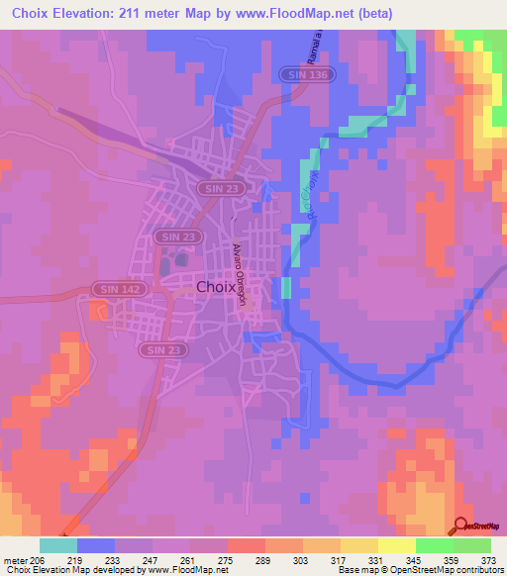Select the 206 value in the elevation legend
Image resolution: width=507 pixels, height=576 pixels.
click(39, 560)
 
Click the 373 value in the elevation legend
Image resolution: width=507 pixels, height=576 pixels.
click(487, 560)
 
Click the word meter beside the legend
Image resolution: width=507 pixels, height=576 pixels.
click(14, 560)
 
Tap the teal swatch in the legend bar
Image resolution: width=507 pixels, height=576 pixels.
click(58, 545)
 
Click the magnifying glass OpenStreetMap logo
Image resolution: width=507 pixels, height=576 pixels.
click(461, 525)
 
